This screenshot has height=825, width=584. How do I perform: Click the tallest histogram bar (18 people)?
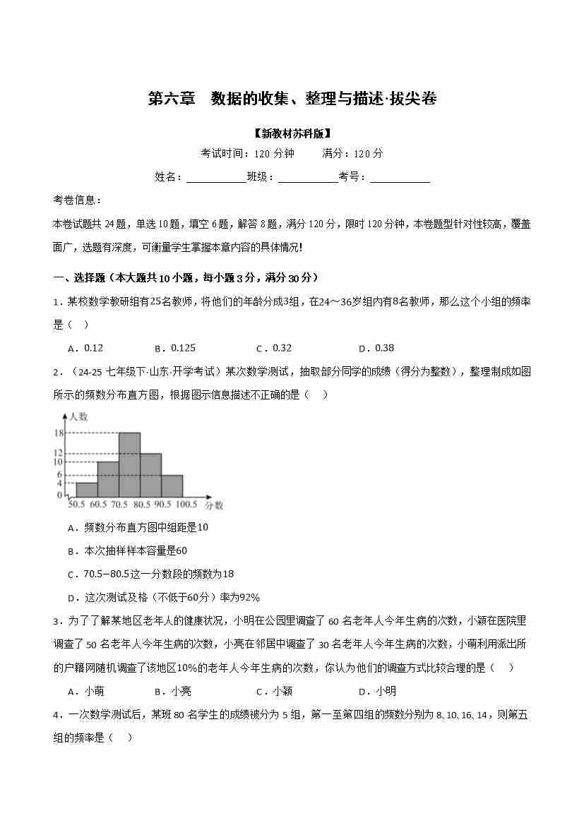[129, 464]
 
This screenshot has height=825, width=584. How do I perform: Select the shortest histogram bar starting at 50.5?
[87, 489]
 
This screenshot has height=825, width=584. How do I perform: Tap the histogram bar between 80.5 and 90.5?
[150, 475]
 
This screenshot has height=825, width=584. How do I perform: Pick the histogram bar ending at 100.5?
[172, 486]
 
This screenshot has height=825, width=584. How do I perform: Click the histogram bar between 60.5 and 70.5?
[108, 479]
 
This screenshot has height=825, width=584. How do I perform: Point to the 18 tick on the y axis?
[59, 433]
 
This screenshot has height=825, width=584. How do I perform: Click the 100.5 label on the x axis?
[186, 505]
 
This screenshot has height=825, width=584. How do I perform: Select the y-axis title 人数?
[78, 416]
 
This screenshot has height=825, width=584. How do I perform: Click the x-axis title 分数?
[215, 505]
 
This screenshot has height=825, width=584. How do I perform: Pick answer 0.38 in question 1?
[384, 348]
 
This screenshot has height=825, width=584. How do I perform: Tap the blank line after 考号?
[400, 176]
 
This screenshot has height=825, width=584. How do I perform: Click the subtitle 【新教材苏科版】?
[292, 133]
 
